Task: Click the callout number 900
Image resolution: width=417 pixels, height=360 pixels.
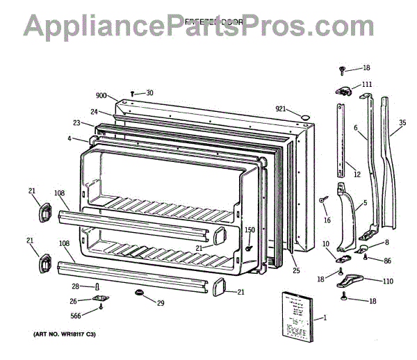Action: [101, 95]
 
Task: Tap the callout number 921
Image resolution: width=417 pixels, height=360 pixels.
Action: [281, 109]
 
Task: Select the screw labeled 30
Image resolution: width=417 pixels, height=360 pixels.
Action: [133, 94]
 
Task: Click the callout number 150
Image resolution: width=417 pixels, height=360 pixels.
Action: [250, 230]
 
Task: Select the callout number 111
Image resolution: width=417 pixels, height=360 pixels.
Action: [366, 85]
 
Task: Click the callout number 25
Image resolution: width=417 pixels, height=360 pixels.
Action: [296, 270]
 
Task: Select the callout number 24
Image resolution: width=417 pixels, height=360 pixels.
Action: [93, 111]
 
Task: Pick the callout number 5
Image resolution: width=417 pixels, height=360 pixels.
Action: [364, 204]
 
